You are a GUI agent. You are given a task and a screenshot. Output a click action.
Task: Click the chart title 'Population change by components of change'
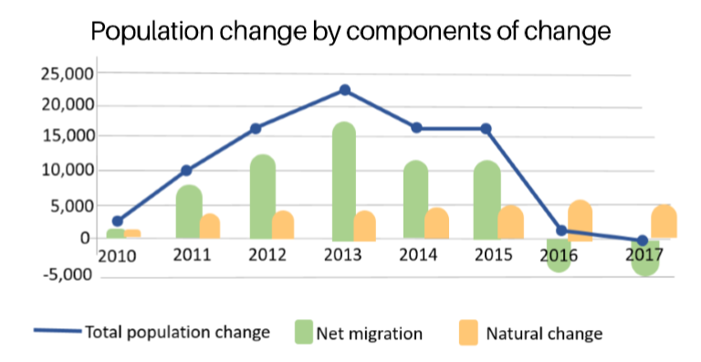[349, 31]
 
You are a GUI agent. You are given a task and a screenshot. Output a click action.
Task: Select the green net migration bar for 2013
[343, 181]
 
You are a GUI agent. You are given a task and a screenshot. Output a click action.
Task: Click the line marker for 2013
[345, 90]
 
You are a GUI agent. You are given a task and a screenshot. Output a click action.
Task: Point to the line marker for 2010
[117, 221]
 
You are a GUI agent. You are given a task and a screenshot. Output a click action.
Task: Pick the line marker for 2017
[643, 240]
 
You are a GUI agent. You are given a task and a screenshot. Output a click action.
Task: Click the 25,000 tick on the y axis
[68, 73]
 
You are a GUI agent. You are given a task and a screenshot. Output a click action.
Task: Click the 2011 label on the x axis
[193, 254]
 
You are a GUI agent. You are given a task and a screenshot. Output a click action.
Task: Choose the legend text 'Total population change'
[177, 331]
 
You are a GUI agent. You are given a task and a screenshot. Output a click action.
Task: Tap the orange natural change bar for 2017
[664, 221]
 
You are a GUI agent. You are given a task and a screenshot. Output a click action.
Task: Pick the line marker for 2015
[487, 129]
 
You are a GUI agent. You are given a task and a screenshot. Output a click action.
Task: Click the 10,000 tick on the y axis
[68, 170]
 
